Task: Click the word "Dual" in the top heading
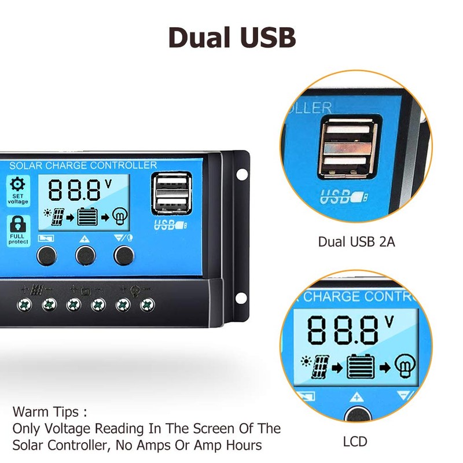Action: click(200, 36)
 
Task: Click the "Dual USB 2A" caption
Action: click(357, 242)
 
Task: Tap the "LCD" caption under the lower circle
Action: click(355, 442)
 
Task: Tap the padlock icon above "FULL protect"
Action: click(18, 223)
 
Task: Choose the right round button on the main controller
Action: click(123, 253)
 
